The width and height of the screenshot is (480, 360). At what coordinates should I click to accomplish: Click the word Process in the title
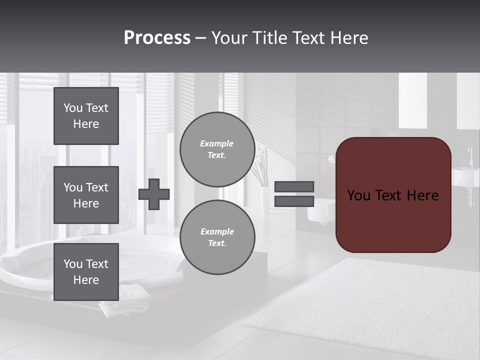tap(157, 38)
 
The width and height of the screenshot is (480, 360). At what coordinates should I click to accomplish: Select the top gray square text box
tap(86, 116)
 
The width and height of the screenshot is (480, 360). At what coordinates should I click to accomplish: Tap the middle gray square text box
tap(86, 195)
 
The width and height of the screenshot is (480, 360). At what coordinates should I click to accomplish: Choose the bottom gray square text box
tap(86, 272)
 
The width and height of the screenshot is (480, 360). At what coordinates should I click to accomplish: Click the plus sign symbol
tap(154, 194)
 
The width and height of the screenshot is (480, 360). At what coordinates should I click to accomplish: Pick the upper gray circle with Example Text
tap(217, 149)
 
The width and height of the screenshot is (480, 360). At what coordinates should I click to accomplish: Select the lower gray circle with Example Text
tap(217, 237)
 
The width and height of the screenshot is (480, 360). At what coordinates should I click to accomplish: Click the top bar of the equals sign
tap(294, 186)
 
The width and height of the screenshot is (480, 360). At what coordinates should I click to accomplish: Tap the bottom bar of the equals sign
tap(294, 201)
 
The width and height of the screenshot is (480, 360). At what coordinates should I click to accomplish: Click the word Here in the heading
tap(348, 38)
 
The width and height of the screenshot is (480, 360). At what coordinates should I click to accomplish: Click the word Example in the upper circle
tap(216, 143)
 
